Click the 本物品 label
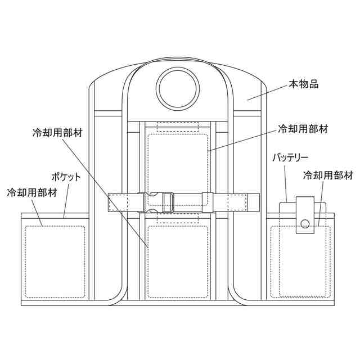(x=304, y=84)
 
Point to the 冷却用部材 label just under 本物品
(x=303, y=128)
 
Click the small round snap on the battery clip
(x=304, y=224)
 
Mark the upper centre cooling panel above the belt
(x=177, y=166)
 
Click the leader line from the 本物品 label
(x=267, y=93)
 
